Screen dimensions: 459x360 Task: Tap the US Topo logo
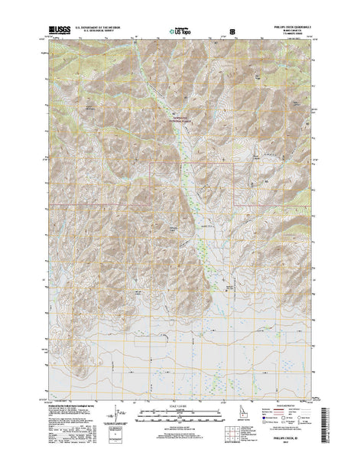[180, 32]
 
